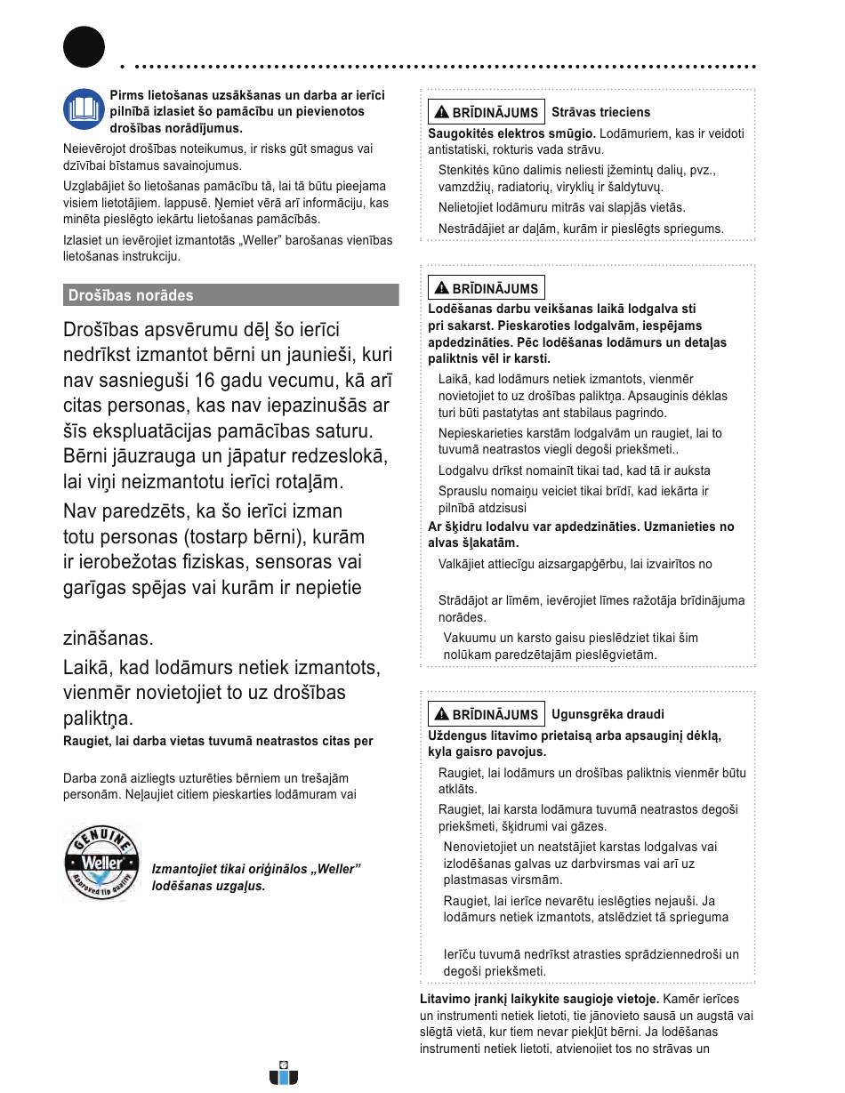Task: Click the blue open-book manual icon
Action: [x=84, y=110]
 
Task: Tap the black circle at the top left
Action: [x=84, y=47]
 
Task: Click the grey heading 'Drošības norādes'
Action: [x=131, y=295]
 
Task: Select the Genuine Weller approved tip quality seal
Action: [x=101, y=861]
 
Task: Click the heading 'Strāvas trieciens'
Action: [x=600, y=112]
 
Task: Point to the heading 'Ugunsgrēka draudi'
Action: [x=608, y=714]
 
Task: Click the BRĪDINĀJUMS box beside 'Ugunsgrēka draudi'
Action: [x=486, y=714]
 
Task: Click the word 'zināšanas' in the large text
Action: [x=109, y=638]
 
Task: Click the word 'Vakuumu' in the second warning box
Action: [x=471, y=638]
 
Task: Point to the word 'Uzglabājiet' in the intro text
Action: [x=95, y=186]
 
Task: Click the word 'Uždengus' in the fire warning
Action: [x=456, y=735]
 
